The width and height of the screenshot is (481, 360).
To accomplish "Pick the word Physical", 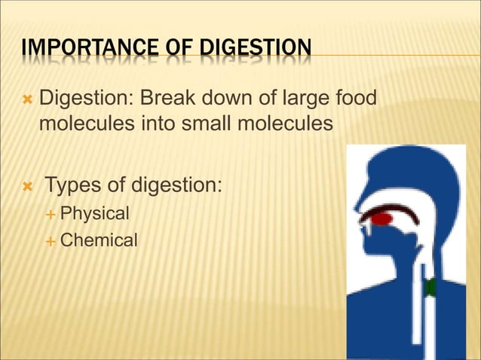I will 95,213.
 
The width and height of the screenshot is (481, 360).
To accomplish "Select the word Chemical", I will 99,240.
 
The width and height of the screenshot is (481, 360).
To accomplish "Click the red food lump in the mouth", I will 382,220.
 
